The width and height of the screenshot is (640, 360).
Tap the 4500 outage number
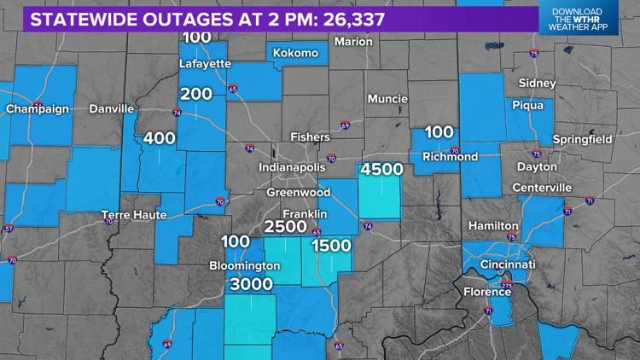click(381, 170)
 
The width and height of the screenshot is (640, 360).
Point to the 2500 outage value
click(286, 227)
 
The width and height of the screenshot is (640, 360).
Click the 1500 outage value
click(331, 246)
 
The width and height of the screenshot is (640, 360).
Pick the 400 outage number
click(160, 138)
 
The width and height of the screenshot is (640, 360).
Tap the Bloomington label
click(245, 265)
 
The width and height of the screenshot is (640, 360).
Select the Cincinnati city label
click(507, 264)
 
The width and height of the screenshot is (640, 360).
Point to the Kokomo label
click(295, 54)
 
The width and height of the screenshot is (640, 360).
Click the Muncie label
click(387, 99)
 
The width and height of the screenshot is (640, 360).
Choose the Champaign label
click(35, 109)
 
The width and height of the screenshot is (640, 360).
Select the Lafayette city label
click(205, 62)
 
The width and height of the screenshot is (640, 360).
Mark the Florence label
click(486, 292)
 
